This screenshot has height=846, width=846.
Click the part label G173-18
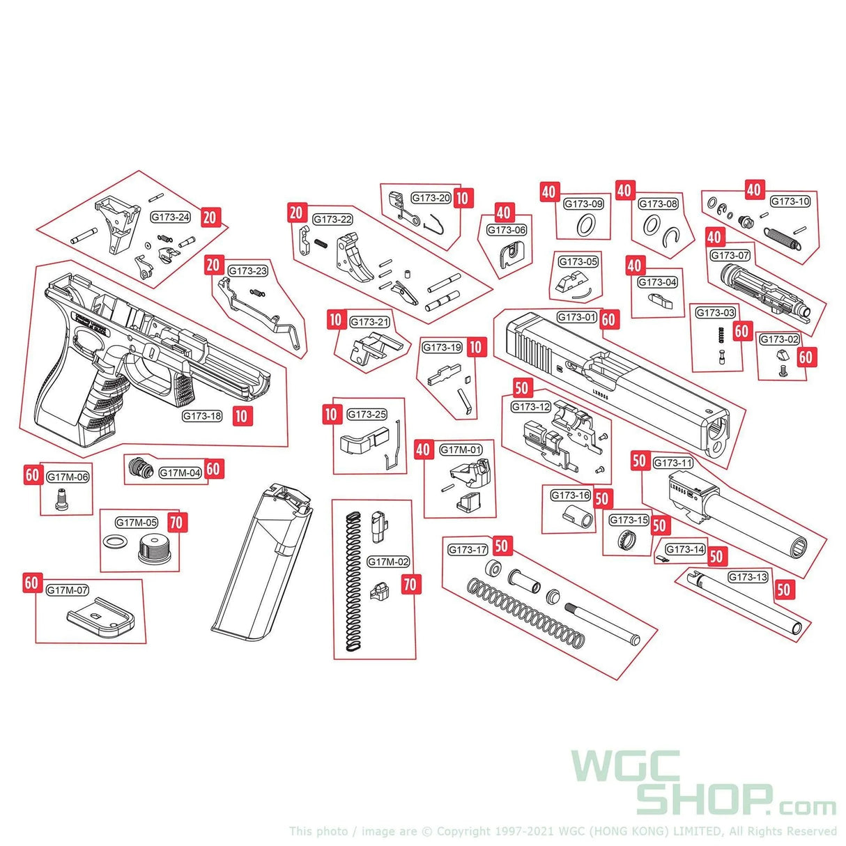[x=202, y=416]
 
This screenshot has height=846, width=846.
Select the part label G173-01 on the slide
[x=576, y=317]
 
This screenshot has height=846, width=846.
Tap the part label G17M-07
[x=68, y=590]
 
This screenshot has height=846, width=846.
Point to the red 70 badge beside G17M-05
[x=178, y=522]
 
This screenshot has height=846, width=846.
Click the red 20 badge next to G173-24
[x=210, y=217]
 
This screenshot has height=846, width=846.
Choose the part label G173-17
[x=468, y=550]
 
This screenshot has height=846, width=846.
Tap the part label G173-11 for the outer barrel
[x=672, y=463]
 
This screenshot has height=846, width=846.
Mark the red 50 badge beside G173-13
[x=784, y=590]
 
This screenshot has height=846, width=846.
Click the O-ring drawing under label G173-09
[x=587, y=224]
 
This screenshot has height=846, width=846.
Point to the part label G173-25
[x=367, y=415]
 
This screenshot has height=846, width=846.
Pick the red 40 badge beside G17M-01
[x=423, y=449]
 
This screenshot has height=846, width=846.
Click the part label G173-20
[x=431, y=198]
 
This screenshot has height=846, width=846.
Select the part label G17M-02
[x=388, y=562]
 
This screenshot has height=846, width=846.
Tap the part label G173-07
[x=730, y=256]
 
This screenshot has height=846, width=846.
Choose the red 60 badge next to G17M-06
[x=32, y=476]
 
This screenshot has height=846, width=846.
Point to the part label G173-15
[x=629, y=520]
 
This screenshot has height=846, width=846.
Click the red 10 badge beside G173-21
[x=337, y=320]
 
